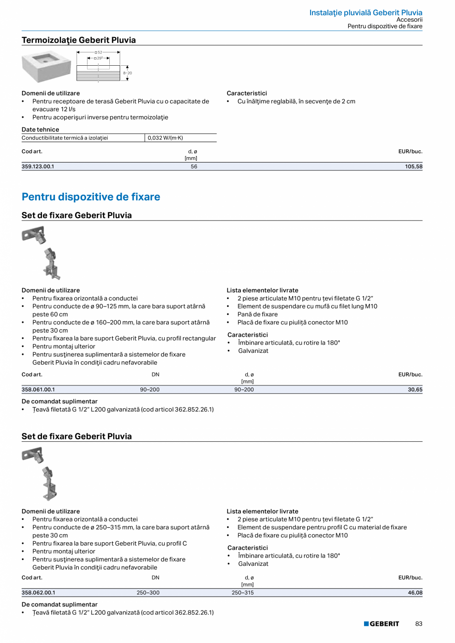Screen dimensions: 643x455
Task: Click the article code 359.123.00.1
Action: pos(38,167)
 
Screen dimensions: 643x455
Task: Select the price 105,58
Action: pos(413,167)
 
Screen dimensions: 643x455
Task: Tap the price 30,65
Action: pos(415,390)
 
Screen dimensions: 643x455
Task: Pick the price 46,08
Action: pos(415,593)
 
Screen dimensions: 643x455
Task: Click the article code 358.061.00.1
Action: pos(38,390)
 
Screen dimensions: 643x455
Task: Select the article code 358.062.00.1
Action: pos(38,593)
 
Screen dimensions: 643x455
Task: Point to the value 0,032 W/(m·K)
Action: pos(165,138)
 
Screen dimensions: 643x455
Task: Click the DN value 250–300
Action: pos(148,593)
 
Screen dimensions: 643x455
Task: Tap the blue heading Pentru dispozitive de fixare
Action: pos(91,197)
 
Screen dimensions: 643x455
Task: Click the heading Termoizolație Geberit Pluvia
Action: pos(79,40)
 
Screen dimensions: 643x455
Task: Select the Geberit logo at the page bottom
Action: pos(381,624)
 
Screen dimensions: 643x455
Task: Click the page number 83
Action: pos(419,624)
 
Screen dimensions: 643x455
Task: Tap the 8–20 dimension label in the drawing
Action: pos(127,73)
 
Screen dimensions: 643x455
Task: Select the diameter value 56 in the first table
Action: pos(194,167)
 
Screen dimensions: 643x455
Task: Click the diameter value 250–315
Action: pos(242,593)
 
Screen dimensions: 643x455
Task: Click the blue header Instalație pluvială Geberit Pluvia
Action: pos(365,12)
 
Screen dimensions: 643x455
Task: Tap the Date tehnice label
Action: pos(40,129)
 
